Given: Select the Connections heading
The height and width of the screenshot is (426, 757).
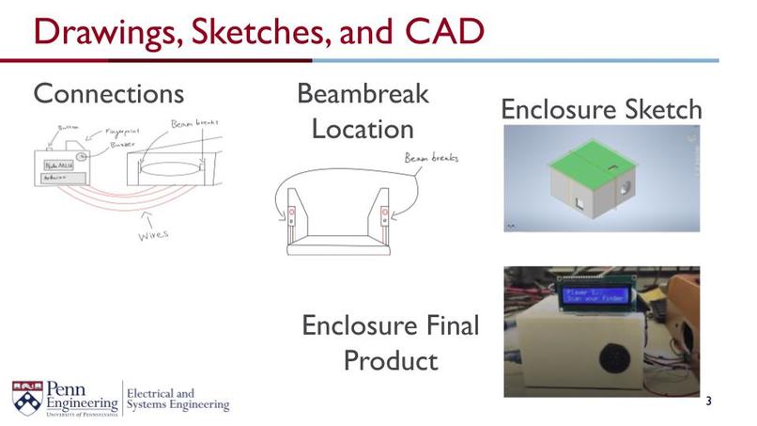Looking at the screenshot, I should (108, 94).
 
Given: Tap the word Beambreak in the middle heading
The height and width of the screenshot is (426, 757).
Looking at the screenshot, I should (363, 94).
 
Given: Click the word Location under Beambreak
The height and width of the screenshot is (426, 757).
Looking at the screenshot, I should (363, 128).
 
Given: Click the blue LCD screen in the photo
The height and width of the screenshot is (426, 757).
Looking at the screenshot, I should (599, 297).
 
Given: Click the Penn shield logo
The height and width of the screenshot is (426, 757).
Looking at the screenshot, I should (26, 395).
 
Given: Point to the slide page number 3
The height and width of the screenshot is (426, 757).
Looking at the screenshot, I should (708, 402).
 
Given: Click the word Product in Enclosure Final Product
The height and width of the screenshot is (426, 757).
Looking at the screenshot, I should (390, 361).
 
